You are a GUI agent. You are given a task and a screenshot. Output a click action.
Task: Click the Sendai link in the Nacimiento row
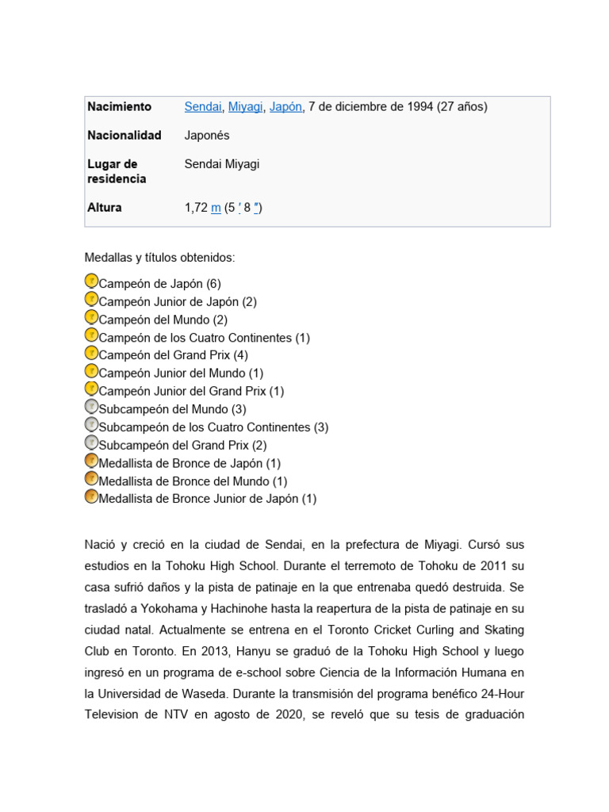[203, 106]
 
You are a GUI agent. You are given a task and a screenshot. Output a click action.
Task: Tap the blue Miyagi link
[245, 106]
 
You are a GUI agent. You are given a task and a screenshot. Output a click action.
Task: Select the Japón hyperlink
[285, 106]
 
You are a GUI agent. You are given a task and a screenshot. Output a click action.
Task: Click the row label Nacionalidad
[124, 135]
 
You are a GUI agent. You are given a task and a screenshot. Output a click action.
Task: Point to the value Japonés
[207, 135]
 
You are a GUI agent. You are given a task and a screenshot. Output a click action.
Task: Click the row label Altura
[105, 207]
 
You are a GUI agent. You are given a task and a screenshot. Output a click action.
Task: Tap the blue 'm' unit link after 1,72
[216, 208]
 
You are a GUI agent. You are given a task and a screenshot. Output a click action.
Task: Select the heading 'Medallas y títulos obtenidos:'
[160, 258]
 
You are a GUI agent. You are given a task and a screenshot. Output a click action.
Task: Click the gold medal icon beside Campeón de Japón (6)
[91, 282]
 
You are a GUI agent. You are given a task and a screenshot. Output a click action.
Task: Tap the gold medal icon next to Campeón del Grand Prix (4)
[91, 354]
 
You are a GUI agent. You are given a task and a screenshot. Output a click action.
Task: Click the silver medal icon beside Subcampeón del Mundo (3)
[91, 408]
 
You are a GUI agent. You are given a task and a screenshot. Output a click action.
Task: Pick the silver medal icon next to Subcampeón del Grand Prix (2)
[91, 443]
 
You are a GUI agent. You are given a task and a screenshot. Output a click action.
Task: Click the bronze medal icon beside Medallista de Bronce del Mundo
[91, 480]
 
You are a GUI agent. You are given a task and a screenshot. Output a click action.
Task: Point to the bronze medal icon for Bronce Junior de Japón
[91, 497]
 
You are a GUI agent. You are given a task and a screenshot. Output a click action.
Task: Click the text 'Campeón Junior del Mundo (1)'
[181, 373]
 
